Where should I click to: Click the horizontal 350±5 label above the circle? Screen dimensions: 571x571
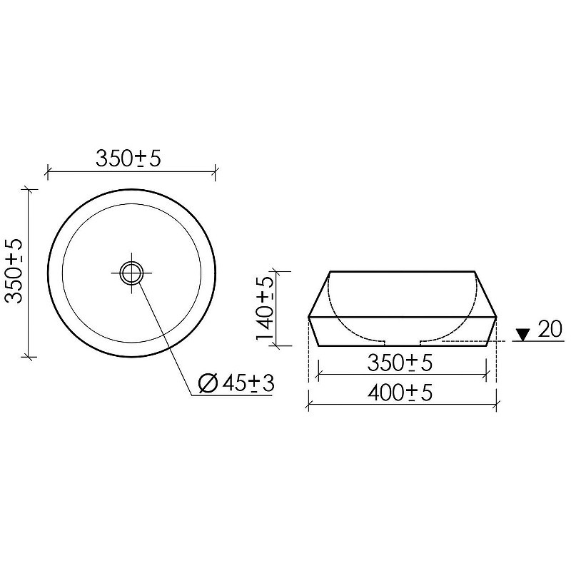point(128,158)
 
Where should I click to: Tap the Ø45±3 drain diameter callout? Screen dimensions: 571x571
point(236,383)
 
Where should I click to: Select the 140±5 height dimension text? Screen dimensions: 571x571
point(265,308)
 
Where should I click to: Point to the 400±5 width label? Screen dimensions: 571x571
point(400,393)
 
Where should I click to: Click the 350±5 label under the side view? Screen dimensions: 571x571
point(400,363)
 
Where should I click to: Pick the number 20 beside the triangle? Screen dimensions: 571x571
point(550,329)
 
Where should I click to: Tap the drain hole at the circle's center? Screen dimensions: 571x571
point(131,273)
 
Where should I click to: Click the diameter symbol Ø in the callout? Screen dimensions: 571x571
point(208,383)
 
